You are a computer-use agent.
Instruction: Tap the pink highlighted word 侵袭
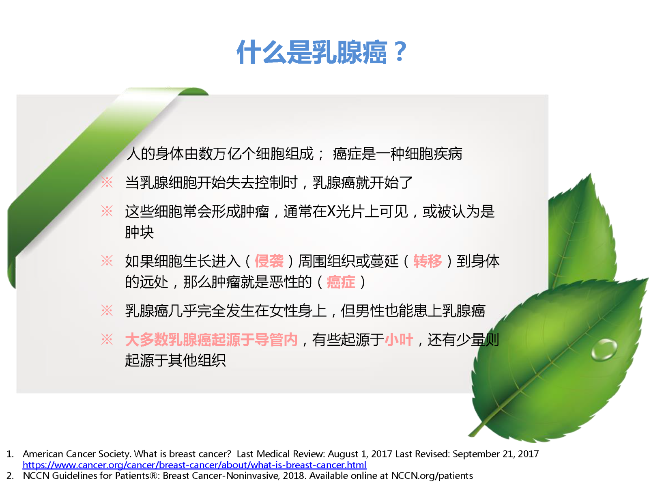(269, 261)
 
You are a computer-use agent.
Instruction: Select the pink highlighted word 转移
(428, 261)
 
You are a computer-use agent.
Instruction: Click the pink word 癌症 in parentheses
(341, 282)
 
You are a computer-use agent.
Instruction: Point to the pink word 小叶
(399, 339)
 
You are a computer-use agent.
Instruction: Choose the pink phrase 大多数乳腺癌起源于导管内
(211, 339)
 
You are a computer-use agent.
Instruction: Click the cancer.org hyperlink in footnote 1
(195, 465)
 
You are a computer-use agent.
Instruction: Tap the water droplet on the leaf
(604, 350)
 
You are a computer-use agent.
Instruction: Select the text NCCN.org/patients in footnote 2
(432, 476)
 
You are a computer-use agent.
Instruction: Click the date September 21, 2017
(496, 454)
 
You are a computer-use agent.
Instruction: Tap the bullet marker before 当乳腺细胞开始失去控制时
(107, 182)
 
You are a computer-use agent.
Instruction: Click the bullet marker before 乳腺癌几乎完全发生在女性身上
(107, 310)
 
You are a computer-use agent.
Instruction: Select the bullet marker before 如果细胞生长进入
(107, 261)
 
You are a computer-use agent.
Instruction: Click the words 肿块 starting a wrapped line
(139, 233)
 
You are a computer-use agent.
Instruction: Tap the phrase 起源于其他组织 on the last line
(175, 360)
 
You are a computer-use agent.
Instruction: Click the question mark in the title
(400, 52)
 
